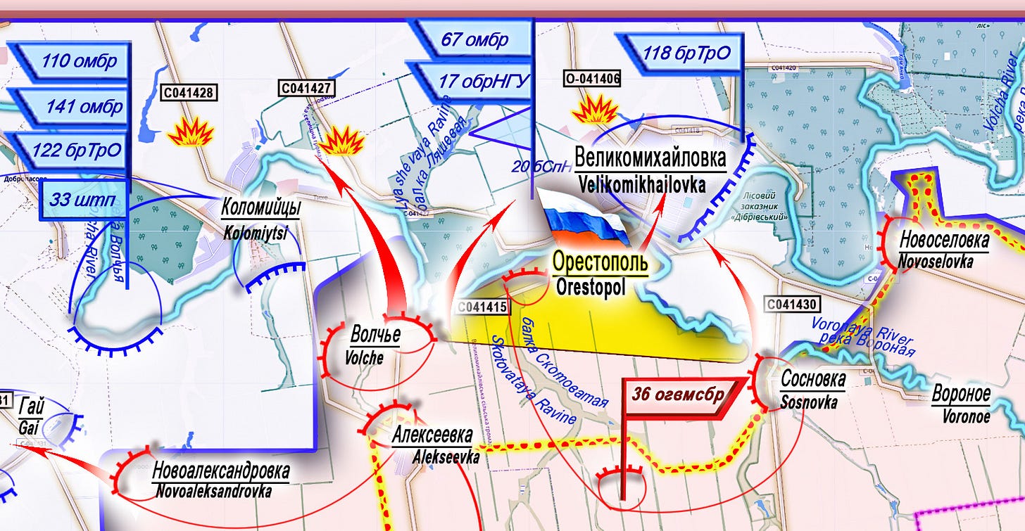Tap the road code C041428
189,91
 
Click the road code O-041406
592,79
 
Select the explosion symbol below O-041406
595,110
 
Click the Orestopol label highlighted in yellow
599,262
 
